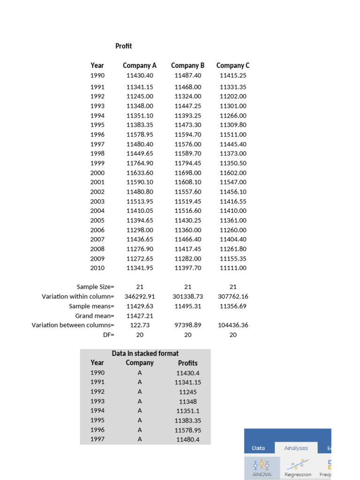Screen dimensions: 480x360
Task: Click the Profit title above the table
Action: [124, 46]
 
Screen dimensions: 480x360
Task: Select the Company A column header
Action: [140, 66]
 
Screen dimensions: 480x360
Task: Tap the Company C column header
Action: [233, 66]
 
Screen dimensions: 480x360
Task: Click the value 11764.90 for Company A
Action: [140, 163]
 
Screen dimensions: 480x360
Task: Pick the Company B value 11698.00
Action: [187, 172]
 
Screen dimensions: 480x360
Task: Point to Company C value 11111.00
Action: [233, 268]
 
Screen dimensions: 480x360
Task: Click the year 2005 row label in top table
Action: [97, 220]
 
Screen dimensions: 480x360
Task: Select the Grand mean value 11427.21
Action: [140, 316]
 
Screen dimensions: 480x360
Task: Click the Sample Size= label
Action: [96, 287]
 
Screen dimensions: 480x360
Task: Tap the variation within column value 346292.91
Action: [140, 297]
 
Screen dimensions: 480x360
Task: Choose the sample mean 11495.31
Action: [187, 306]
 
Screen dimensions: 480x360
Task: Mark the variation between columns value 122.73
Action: [140, 325]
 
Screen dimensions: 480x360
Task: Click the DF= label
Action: [108, 335]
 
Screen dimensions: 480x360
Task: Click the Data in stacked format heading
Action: [145, 353]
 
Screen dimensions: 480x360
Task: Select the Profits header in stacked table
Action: [187, 363]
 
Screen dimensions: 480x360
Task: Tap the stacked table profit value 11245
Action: [187, 392]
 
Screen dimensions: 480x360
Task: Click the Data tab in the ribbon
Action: [258, 448]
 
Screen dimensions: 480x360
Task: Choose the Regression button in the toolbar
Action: [298, 467]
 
